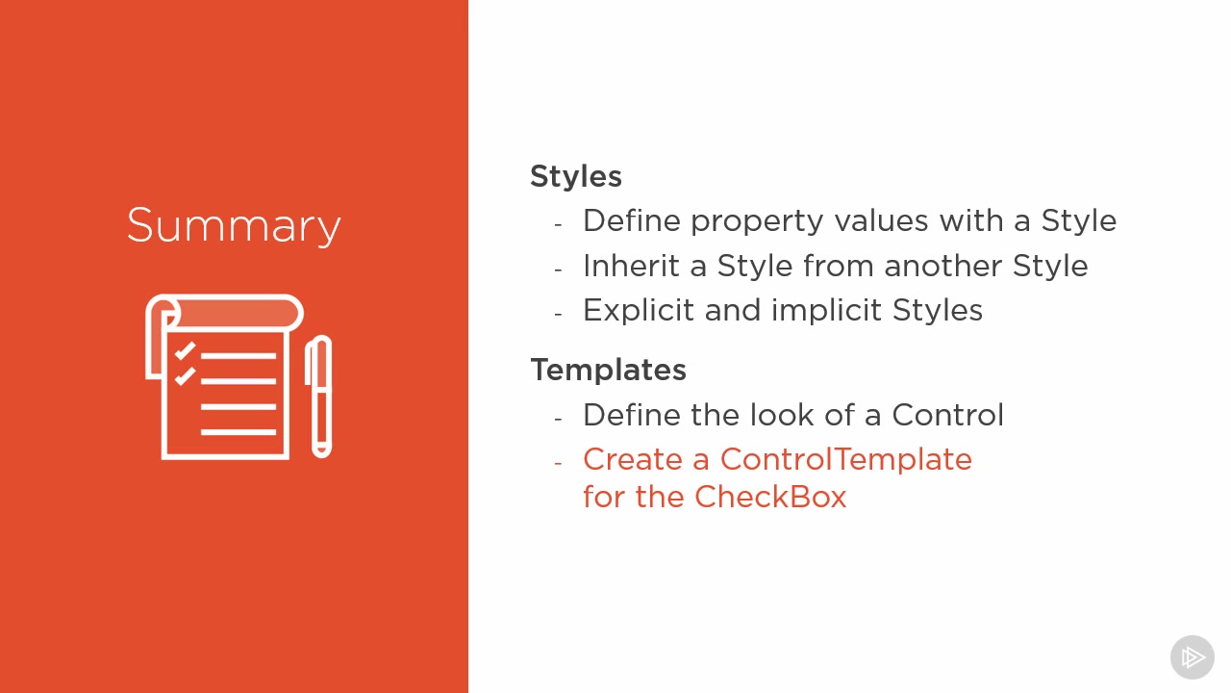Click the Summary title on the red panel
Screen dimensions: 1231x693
click(234, 225)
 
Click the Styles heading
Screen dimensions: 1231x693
click(576, 176)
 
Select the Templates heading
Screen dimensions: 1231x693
click(609, 369)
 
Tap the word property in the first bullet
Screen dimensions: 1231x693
click(757, 222)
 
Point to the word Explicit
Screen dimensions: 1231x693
click(639, 311)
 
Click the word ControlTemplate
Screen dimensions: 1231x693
click(845, 460)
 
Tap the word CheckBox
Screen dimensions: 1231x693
click(770, 497)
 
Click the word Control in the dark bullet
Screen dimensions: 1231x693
click(947, 415)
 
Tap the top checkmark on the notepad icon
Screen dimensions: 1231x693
click(185, 351)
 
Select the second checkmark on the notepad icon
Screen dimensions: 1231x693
click(185, 376)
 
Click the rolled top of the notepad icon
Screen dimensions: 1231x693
click(231, 314)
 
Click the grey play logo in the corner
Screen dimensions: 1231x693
click(1192, 657)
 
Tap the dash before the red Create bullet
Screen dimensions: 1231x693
click(559, 463)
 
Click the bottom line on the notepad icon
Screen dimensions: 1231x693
click(239, 432)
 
